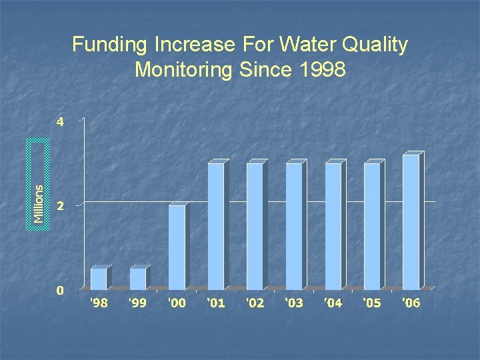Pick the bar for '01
(x=216, y=226)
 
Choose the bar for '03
(x=294, y=226)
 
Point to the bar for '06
(x=411, y=222)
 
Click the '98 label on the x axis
(x=99, y=303)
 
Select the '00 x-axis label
(x=177, y=303)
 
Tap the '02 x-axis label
(x=255, y=303)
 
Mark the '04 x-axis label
(x=333, y=303)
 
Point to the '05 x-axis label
(x=372, y=303)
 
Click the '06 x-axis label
(x=411, y=303)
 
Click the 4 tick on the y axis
(x=60, y=122)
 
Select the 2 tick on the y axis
(x=60, y=206)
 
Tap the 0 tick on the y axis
(x=60, y=290)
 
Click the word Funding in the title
(x=109, y=45)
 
